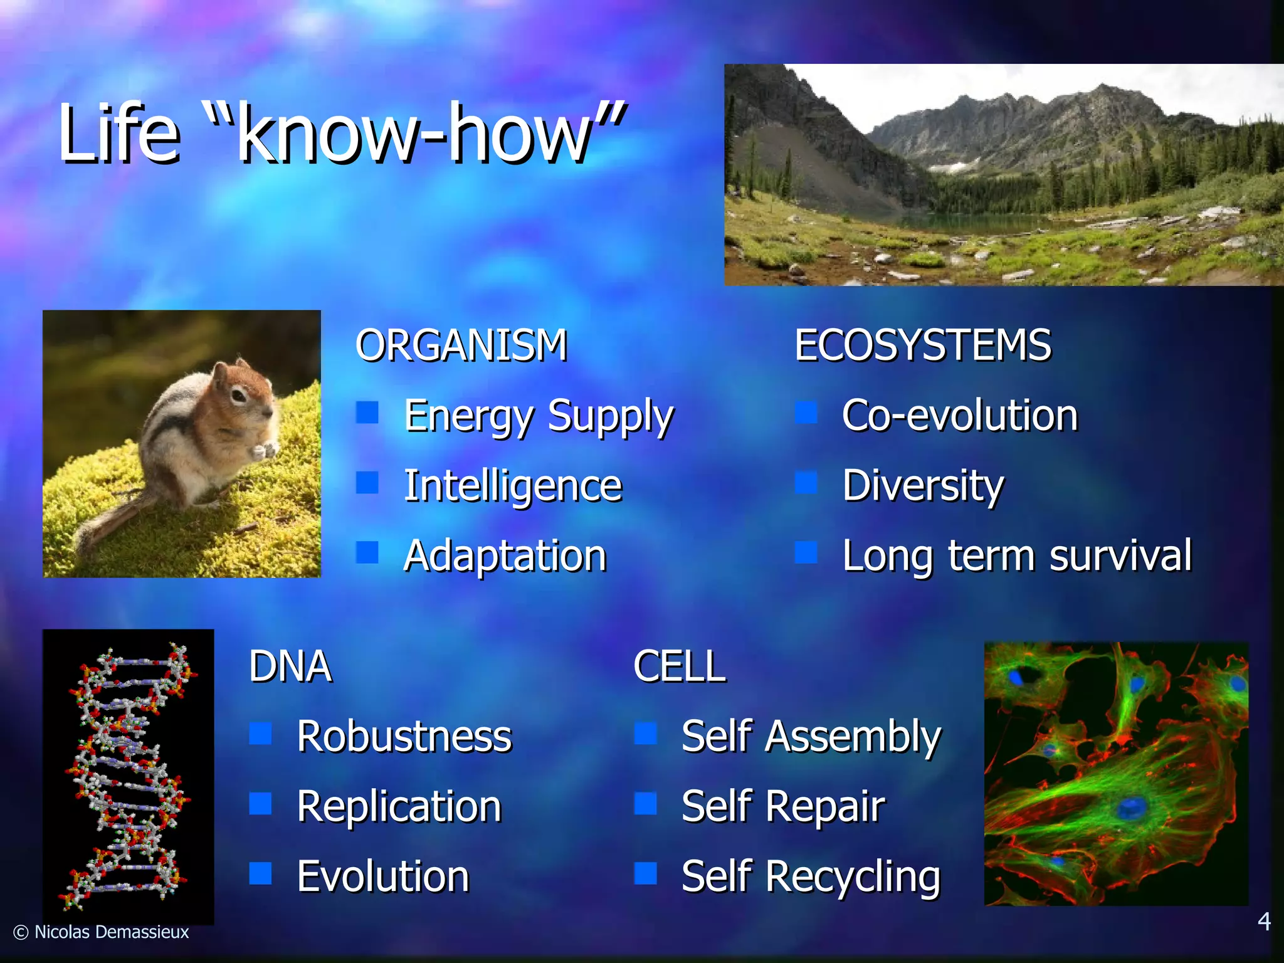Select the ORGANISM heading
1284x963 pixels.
pos(461,345)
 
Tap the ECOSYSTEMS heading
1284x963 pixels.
pos(922,345)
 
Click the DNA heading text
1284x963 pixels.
pos(290,666)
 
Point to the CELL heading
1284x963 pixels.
pos(680,666)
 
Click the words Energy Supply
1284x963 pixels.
pos(538,417)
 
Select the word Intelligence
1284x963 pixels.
pos(513,487)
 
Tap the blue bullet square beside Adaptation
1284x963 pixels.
pos(367,552)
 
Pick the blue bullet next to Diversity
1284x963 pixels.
pos(806,482)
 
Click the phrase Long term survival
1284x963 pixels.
pos(1016,556)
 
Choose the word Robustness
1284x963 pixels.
pos(404,737)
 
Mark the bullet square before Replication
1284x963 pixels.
pos(260,803)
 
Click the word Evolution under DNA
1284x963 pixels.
pos(383,877)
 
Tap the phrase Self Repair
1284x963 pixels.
pos(783,807)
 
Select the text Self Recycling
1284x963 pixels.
pos(811,877)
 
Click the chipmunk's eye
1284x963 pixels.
pos(239,395)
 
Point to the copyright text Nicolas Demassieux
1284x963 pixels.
pos(111,932)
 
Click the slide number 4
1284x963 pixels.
pos(1264,922)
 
